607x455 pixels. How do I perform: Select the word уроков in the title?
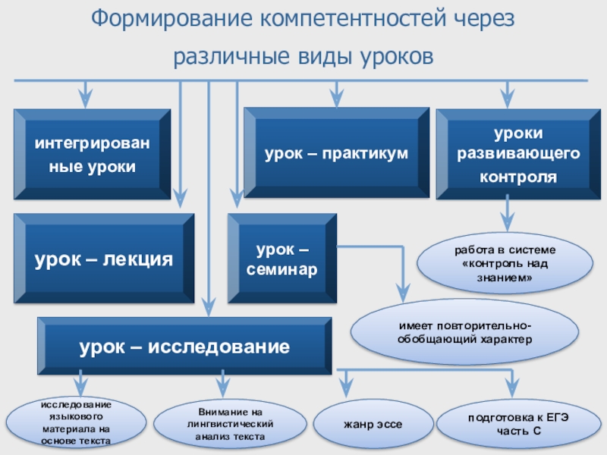point(397,56)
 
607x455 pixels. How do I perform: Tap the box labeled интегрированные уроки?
point(92,155)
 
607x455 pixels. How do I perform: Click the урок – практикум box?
point(336,153)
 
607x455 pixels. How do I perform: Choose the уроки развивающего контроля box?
point(513,155)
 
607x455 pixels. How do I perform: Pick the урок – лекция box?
point(104,259)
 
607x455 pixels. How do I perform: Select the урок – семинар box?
point(282,259)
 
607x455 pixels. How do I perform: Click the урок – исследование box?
point(184,346)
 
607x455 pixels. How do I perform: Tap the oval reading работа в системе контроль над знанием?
point(505,263)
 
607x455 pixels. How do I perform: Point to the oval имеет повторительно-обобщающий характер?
point(464,332)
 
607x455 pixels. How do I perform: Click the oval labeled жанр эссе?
point(373,424)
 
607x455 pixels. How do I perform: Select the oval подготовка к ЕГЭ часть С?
point(519,424)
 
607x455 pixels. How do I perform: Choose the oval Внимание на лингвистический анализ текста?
point(230,424)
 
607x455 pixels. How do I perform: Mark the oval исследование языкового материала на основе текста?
point(76,422)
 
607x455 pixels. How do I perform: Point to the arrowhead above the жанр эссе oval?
point(346,388)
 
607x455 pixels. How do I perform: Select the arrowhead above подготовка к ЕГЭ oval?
point(513,388)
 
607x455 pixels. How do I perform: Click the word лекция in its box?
point(137,259)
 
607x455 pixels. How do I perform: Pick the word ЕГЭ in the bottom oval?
point(558,418)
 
